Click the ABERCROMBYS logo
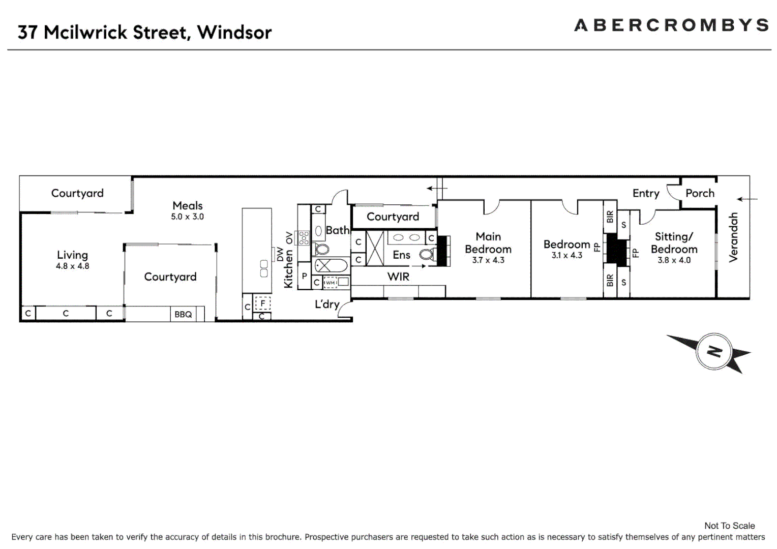(x=671, y=25)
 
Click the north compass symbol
(x=714, y=351)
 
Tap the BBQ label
(x=183, y=314)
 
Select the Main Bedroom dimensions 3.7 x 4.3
(x=488, y=260)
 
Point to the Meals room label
(x=188, y=205)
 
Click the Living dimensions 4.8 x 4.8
(x=72, y=266)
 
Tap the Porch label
(x=700, y=193)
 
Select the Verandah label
(x=733, y=237)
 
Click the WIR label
(x=398, y=277)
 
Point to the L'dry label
(x=326, y=304)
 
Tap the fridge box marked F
(x=263, y=303)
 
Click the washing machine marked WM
(x=331, y=282)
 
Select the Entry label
(x=645, y=193)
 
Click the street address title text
(x=145, y=33)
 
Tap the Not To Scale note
(x=729, y=526)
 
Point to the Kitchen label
(x=288, y=268)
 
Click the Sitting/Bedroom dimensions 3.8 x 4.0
(x=674, y=260)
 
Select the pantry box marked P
(x=304, y=276)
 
